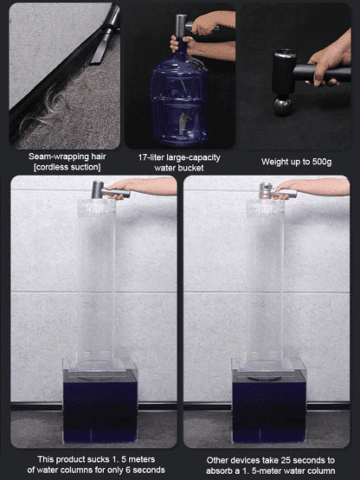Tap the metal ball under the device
coord(283,107)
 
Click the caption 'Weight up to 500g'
coord(296,161)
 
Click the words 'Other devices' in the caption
coord(228,460)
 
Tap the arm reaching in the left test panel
coord(151,186)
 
